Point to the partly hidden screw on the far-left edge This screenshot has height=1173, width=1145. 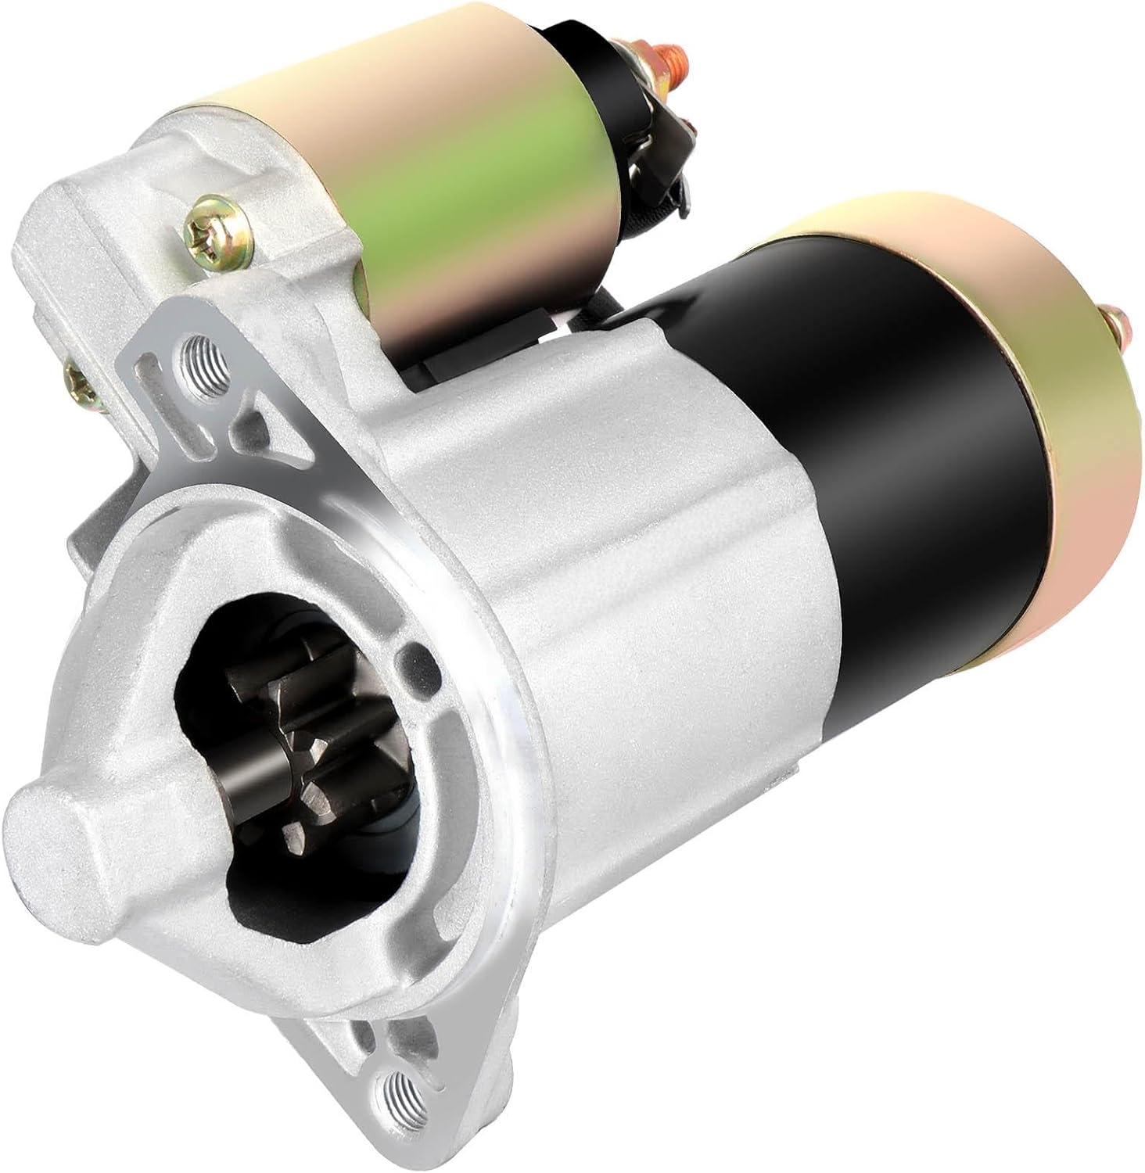tap(77, 381)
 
